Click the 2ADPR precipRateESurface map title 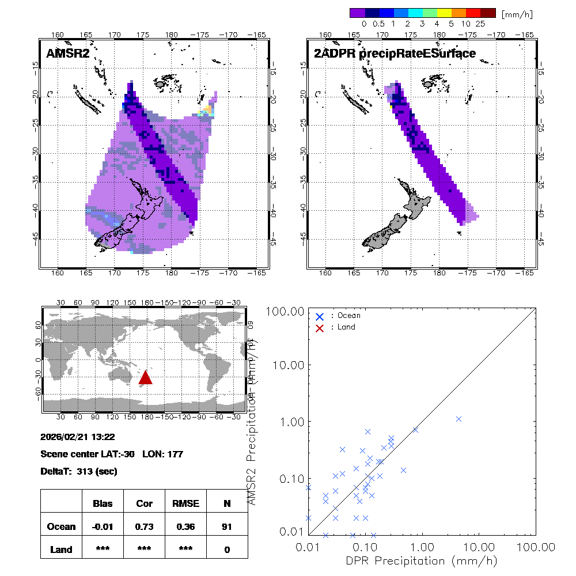[x=395, y=54]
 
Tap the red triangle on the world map [x=145, y=378]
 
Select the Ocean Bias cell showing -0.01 [x=103, y=526]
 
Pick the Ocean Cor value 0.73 [x=144, y=526]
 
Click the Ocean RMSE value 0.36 [x=185, y=526]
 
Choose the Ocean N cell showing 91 [x=227, y=526]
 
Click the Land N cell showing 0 [x=227, y=550]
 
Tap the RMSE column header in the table [x=185, y=503]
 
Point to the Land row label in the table [x=61, y=550]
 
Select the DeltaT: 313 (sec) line [x=79, y=472]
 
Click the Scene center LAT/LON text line [x=112, y=454]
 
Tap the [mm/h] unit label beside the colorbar [x=517, y=13]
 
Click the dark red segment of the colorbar [x=488, y=13]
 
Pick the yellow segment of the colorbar [x=444, y=13]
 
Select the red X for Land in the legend [x=320, y=327]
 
